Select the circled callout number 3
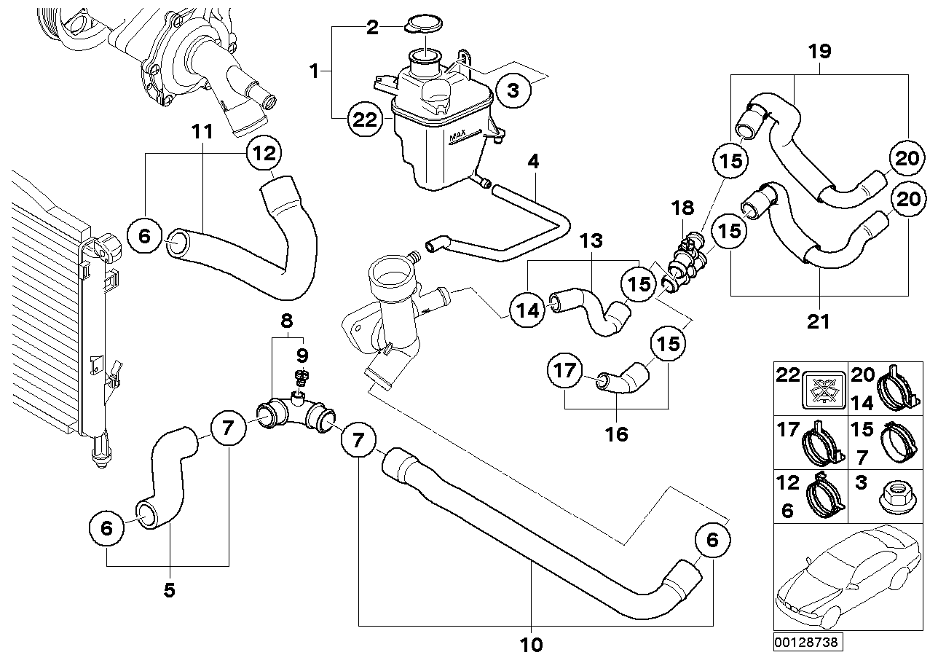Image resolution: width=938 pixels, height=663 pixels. click(513, 91)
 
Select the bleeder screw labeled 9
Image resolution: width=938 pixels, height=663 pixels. click(301, 379)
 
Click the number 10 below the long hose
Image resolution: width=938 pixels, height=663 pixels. click(532, 644)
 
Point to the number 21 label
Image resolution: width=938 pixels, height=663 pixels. click(819, 321)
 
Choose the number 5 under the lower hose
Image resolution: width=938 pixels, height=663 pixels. click(169, 590)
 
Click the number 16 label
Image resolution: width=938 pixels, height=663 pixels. click(616, 434)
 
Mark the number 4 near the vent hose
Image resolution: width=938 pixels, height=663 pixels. click(534, 161)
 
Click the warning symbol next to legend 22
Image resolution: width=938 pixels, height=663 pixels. click(824, 387)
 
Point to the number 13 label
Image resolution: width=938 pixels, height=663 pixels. click(592, 240)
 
